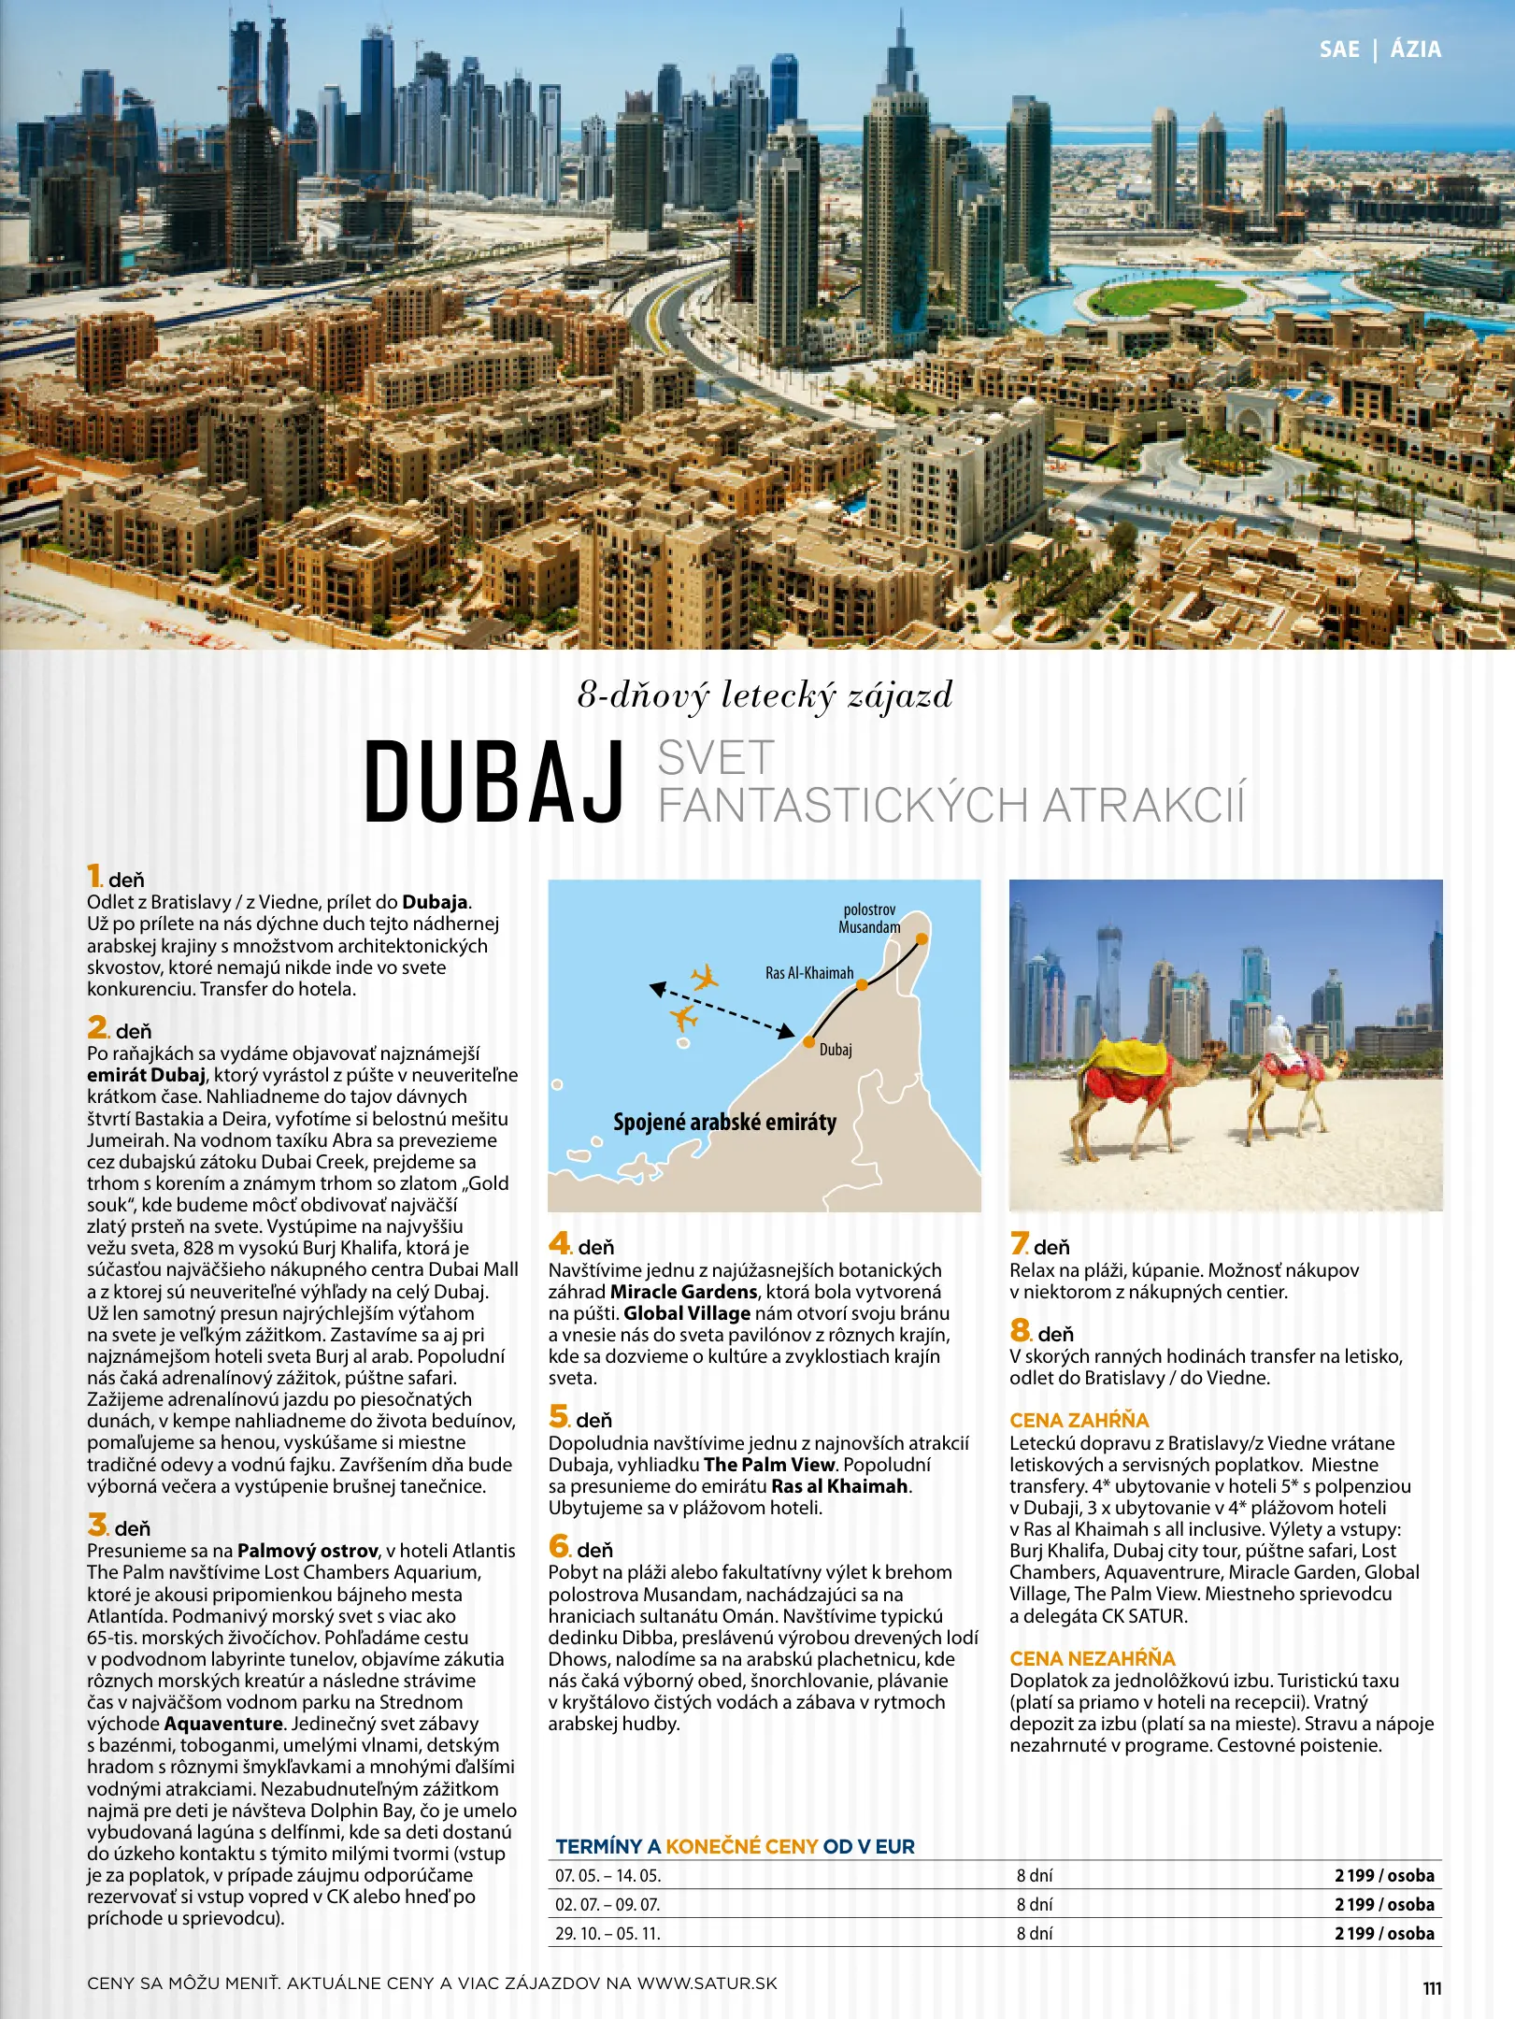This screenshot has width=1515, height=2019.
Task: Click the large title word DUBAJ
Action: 493,781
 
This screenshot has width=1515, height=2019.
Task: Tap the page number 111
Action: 1432,1988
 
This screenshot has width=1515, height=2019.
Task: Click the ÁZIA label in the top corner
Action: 1415,50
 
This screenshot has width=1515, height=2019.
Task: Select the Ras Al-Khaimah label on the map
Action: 809,973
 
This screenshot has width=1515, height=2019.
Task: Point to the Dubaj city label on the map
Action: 836,1050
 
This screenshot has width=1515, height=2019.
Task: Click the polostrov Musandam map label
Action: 869,918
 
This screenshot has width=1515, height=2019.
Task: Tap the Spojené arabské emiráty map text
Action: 724,1122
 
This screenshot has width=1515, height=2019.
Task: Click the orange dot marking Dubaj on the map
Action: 809,1041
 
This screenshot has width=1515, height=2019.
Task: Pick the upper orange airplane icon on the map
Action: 705,978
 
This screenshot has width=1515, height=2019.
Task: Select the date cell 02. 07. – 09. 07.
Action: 607,1904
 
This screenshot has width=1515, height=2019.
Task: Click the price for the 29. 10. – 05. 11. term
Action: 1383,1933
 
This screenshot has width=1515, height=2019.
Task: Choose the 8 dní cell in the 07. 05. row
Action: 1034,1875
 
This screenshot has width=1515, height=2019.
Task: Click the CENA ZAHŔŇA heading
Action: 1079,1420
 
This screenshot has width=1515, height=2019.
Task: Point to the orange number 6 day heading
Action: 559,1546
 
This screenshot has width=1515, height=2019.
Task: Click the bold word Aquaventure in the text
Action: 223,1723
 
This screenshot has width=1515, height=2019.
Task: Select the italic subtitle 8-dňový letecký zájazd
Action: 765,695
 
